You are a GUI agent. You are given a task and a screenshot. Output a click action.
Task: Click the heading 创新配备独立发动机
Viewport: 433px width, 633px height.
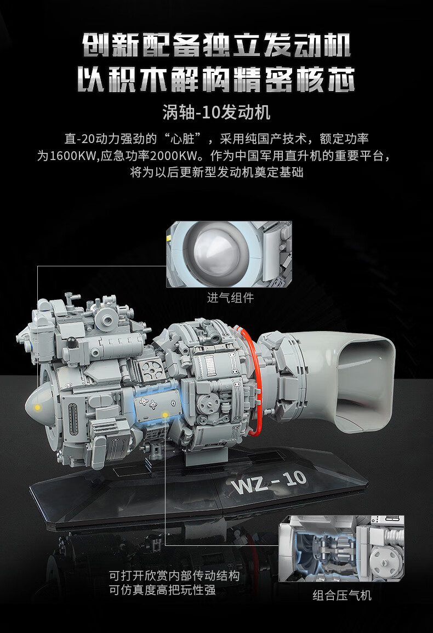(x=216, y=45)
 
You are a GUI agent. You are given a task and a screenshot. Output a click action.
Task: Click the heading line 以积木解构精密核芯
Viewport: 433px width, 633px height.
(x=216, y=79)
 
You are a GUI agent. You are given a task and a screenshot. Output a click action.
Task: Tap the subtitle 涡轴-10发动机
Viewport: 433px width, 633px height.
(x=216, y=112)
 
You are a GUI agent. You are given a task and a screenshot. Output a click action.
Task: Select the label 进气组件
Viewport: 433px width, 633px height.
(x=230, y=298)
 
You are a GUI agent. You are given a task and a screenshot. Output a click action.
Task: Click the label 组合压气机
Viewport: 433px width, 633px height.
(x=341, y=595)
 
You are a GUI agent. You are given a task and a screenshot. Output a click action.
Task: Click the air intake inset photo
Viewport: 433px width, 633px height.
(x=229, y=254)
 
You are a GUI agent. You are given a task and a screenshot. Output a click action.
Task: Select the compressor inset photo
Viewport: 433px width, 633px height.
(x=341, y=549)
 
